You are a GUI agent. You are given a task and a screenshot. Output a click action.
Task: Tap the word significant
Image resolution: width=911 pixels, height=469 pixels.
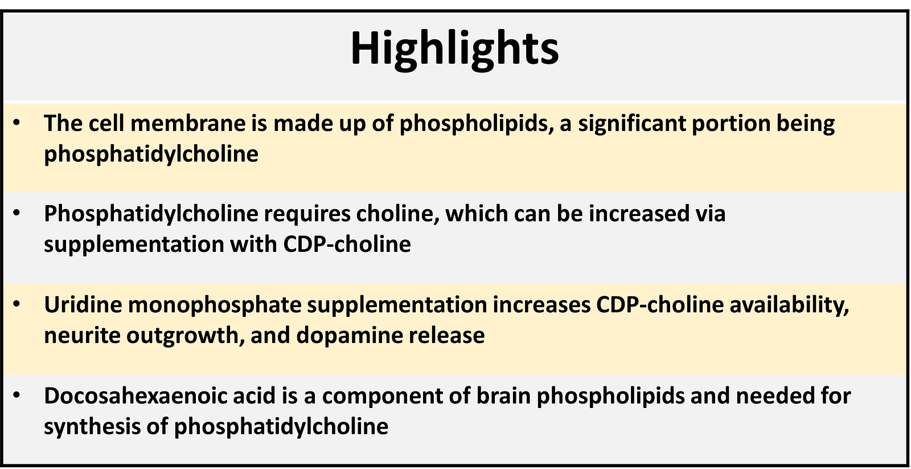[633, 124]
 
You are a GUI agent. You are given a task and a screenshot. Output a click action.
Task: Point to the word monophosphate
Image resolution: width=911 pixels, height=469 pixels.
[215, 305]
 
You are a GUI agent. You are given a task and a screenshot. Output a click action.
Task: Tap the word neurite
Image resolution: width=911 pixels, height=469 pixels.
[82, 336]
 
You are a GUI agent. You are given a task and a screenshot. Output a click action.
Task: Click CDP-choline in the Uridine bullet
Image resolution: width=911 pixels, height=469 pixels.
[660, 304]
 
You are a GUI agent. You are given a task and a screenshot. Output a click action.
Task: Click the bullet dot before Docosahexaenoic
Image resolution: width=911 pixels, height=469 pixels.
[17, 395]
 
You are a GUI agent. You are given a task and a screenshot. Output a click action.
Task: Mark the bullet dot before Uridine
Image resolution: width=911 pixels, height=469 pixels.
[17, 304]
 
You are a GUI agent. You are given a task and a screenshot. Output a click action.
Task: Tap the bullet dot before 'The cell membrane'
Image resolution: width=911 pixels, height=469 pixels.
[17, 122]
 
